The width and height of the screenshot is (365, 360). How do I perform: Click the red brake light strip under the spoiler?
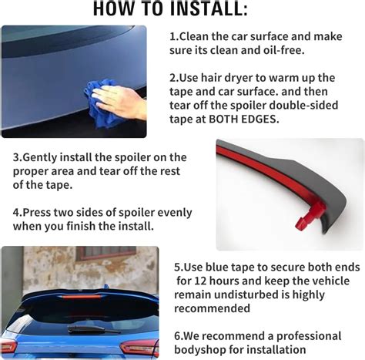80,298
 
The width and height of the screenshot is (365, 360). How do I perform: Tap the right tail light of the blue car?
140,348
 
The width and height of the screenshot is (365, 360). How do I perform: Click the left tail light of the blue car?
8,347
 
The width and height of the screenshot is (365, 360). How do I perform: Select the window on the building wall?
105,253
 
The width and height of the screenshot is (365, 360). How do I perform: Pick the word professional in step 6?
309,336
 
